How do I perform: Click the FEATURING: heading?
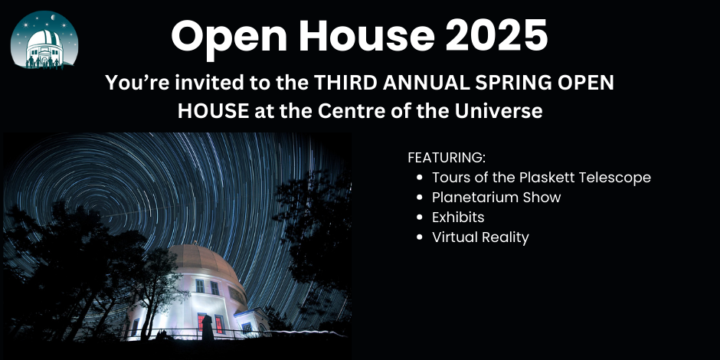point(447,158)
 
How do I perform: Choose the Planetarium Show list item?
point(496,198)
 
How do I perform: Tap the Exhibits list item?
point(458,218)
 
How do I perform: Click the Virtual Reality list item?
point(480,237)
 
